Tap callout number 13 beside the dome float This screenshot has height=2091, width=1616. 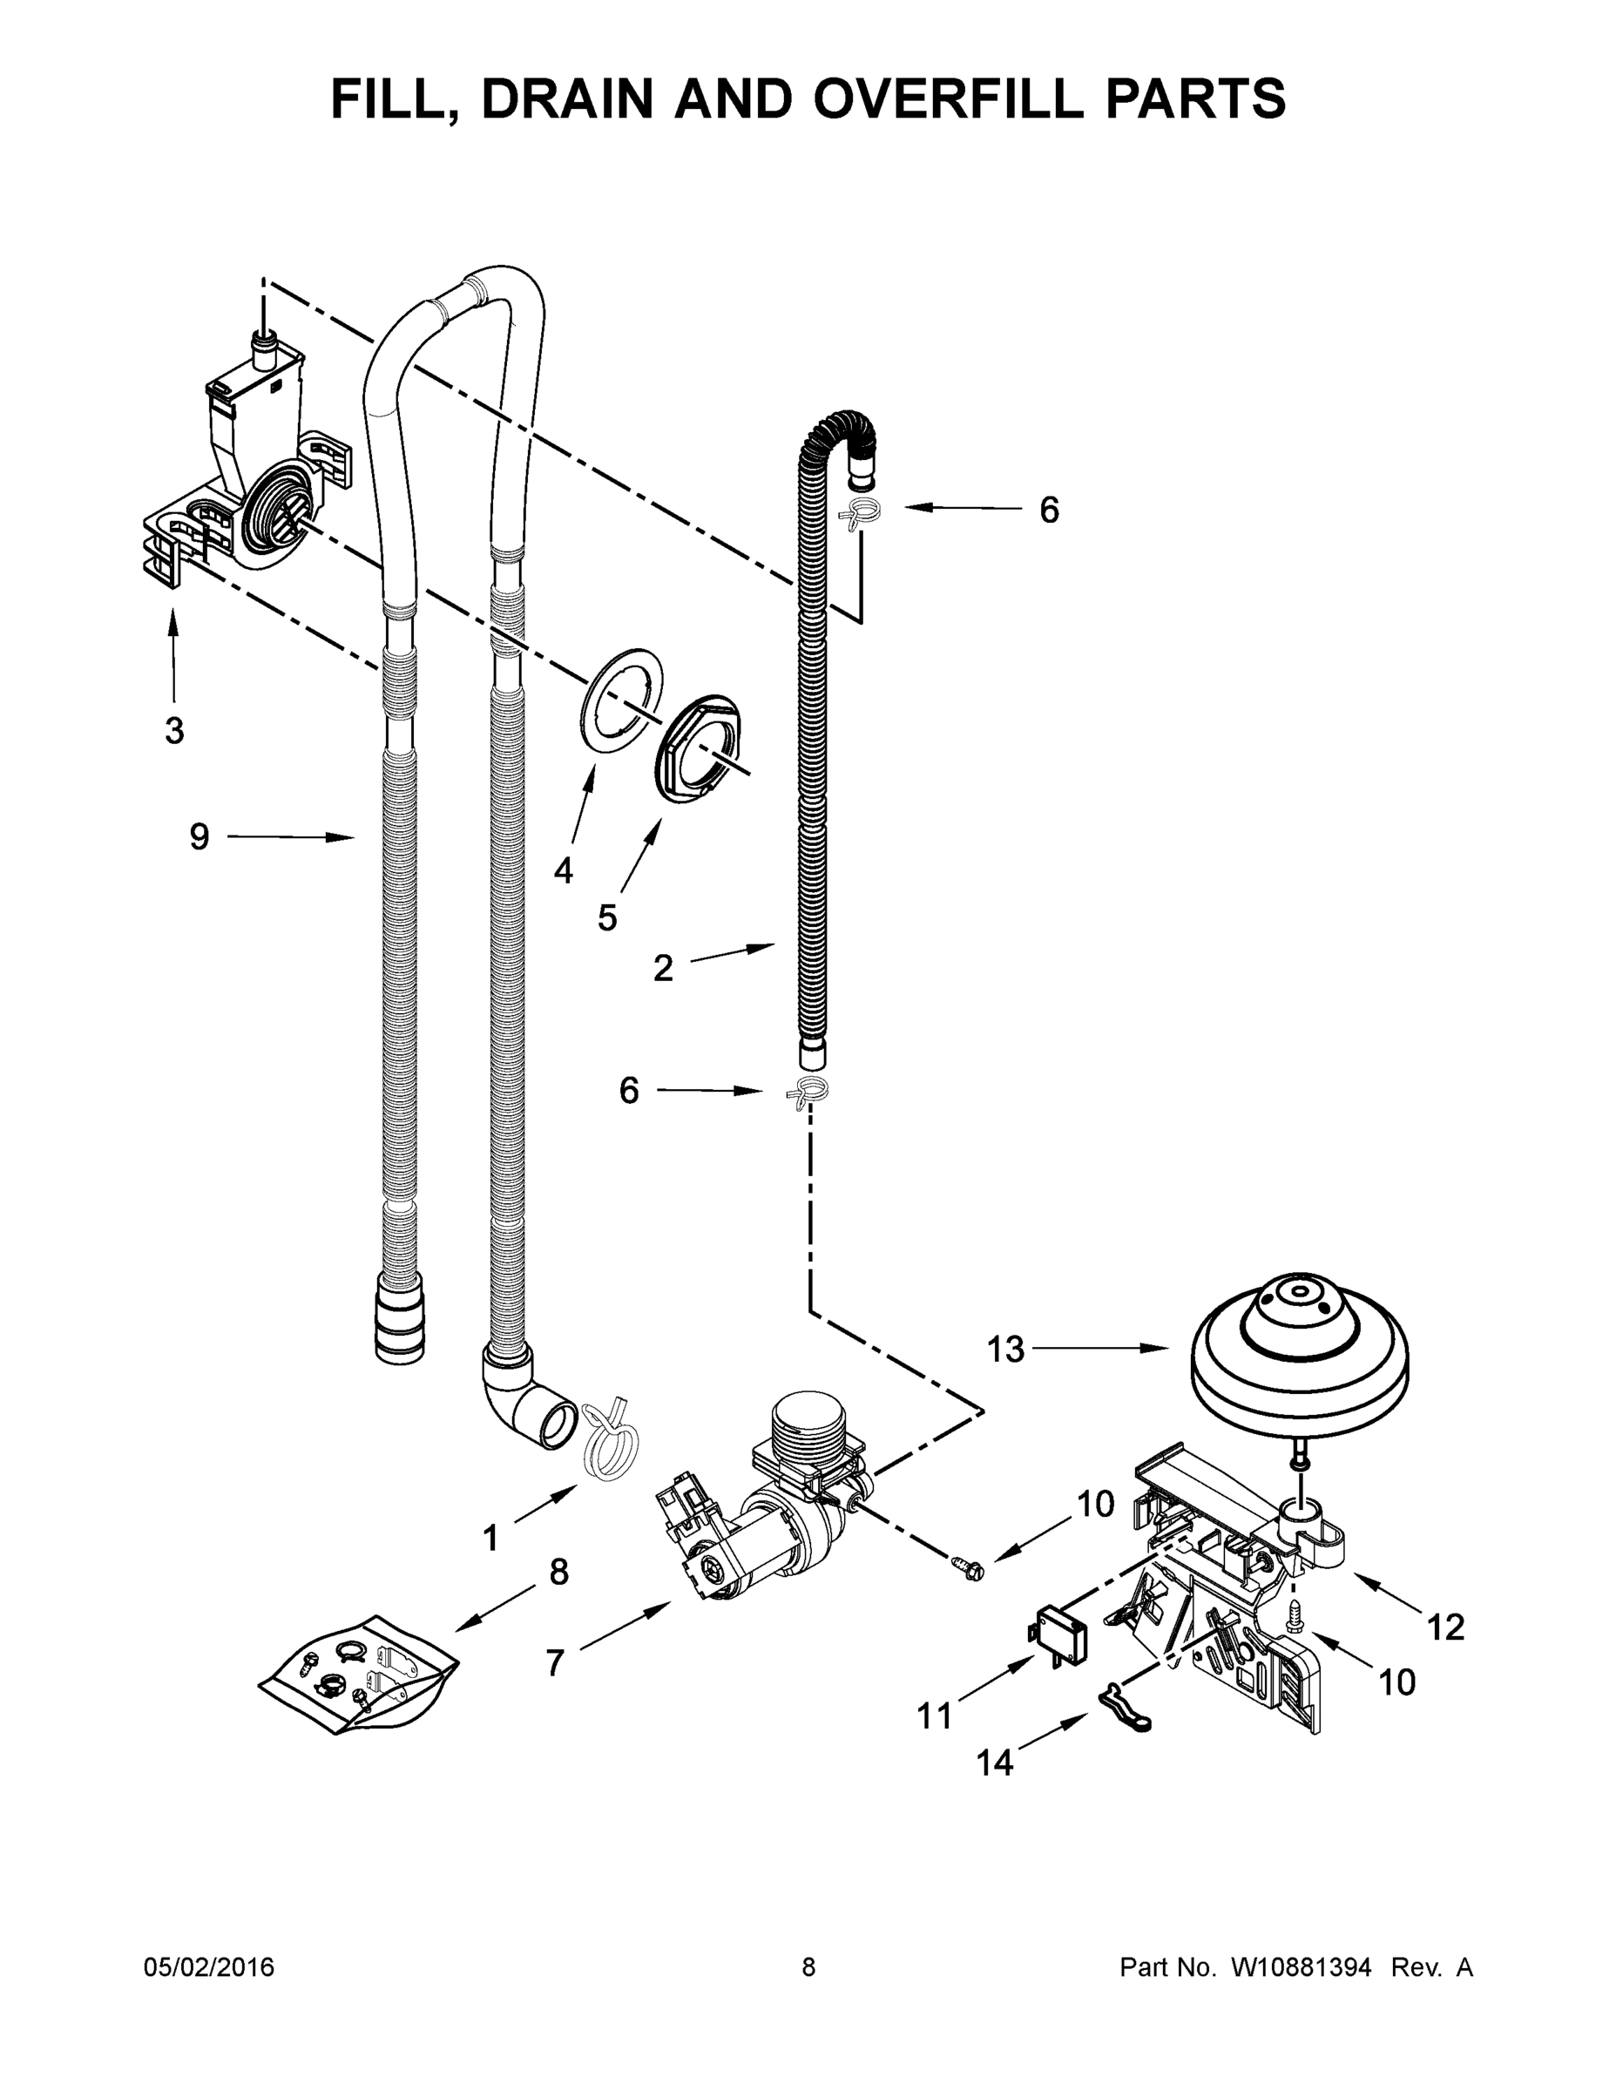coord(1005,1349)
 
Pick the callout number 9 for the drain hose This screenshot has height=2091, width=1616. coord(198,836)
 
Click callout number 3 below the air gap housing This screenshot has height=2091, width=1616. coord(173,730)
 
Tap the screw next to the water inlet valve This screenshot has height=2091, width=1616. coord(967,1567)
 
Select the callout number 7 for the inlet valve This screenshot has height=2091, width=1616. coord(555,1663)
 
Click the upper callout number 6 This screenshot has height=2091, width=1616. coord(1049,511)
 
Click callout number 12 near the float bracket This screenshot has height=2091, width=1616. coord(1445,1627)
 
